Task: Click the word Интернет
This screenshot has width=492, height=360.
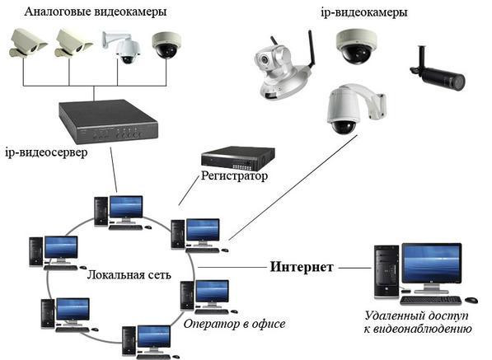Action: (302, 267)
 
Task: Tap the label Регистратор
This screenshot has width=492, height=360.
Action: (234, 175)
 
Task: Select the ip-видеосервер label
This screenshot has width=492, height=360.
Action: (46, 152)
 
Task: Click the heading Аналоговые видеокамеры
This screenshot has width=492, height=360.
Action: (96, 12)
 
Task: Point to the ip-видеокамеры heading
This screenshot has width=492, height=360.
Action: (364, 12)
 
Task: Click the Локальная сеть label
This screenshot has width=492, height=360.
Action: (129, 274)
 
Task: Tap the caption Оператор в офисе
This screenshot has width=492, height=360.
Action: (234, 324)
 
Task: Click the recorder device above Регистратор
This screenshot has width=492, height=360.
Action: (238, 157)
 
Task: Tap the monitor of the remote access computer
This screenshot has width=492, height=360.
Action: (432, 267)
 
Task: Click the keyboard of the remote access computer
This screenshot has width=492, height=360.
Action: (431, 301)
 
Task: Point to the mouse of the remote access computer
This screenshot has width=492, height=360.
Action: (471, 300)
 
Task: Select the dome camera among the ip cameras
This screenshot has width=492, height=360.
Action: (356, 47)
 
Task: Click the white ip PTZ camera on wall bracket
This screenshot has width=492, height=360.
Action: (355, 109)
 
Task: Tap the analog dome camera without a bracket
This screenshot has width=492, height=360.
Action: (166, 45)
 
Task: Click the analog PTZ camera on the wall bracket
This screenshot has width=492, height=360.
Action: (122, 47)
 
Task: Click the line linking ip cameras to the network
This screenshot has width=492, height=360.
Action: (293, 188)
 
